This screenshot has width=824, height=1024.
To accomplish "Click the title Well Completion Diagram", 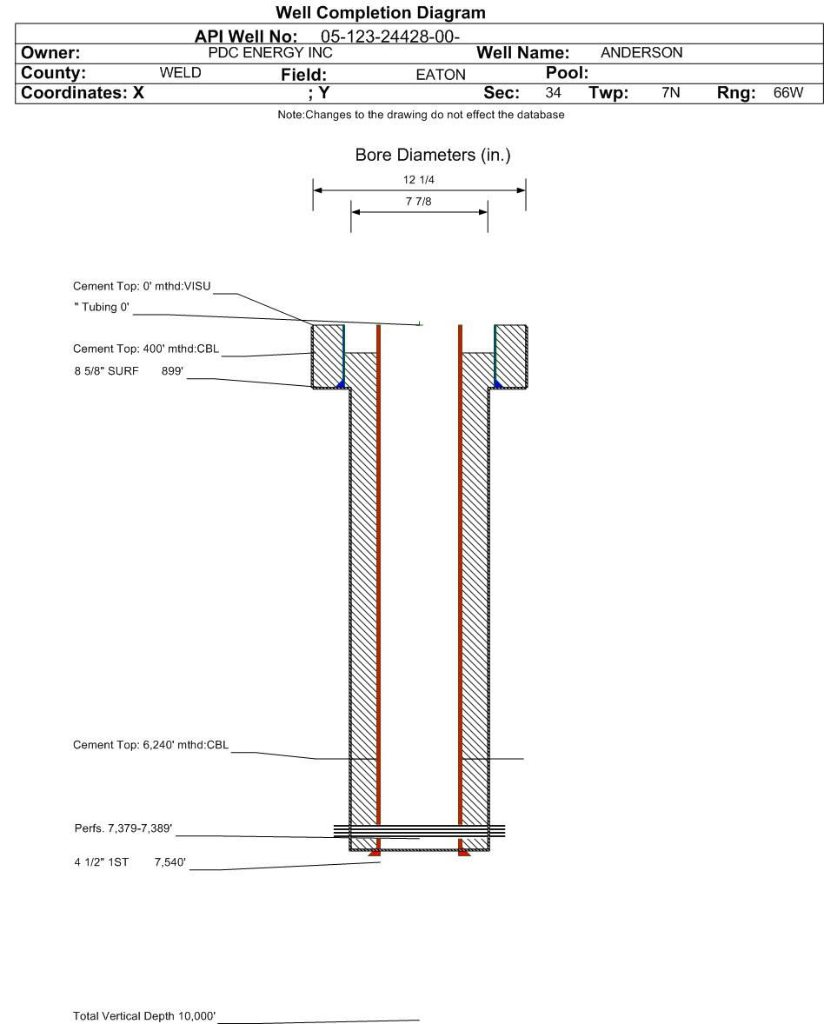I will pyautogui.click(x=380, y=13).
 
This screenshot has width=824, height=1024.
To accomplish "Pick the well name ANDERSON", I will pyautogui.click(x=641, y=53).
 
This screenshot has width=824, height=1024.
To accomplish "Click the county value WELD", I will pyautogui.click(x=181, y=73).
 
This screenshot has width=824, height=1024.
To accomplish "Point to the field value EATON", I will pyautogui.click(x=441, y=75).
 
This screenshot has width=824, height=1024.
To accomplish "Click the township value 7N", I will pyautogui.click(x=670, y=93).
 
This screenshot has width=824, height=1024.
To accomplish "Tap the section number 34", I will pyautogui.click(x=553, y=93).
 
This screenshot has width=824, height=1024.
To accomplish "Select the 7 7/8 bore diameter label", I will pyautogui.click(x=420, y=202).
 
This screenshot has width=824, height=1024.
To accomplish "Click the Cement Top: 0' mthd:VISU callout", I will pyautogui.click(x=142, y=287).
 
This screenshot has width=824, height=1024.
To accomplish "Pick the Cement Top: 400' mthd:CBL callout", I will pyautogui.click(x=146, y=349).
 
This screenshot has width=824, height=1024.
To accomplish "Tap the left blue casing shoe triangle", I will pyautogui.click(x=342, y=383).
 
